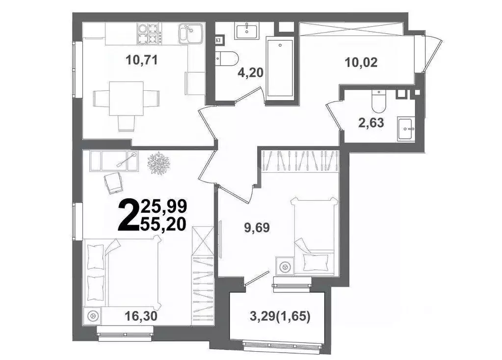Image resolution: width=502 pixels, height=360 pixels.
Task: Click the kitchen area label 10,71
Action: click(142, 60)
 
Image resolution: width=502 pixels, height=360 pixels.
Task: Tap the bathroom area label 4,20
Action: click(250, 73)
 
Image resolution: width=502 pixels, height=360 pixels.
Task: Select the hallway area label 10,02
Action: click(361, 62)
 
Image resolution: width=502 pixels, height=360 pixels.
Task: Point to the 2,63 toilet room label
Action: click(371, 123)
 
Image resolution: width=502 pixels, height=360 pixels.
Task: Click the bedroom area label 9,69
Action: click(257, 228)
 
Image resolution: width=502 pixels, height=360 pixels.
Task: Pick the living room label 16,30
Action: click(141, 316)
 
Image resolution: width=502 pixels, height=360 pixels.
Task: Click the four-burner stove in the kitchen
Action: click(149, 33)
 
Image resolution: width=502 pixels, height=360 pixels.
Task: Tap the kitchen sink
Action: click(191, 33)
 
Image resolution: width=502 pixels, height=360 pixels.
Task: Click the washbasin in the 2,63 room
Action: click(406, 129)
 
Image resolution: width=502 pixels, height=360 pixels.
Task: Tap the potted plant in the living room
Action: click(159, 162)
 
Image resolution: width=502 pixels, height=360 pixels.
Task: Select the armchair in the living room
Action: click(113, 182)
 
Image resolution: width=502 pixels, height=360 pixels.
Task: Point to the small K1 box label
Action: click(219, 41)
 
